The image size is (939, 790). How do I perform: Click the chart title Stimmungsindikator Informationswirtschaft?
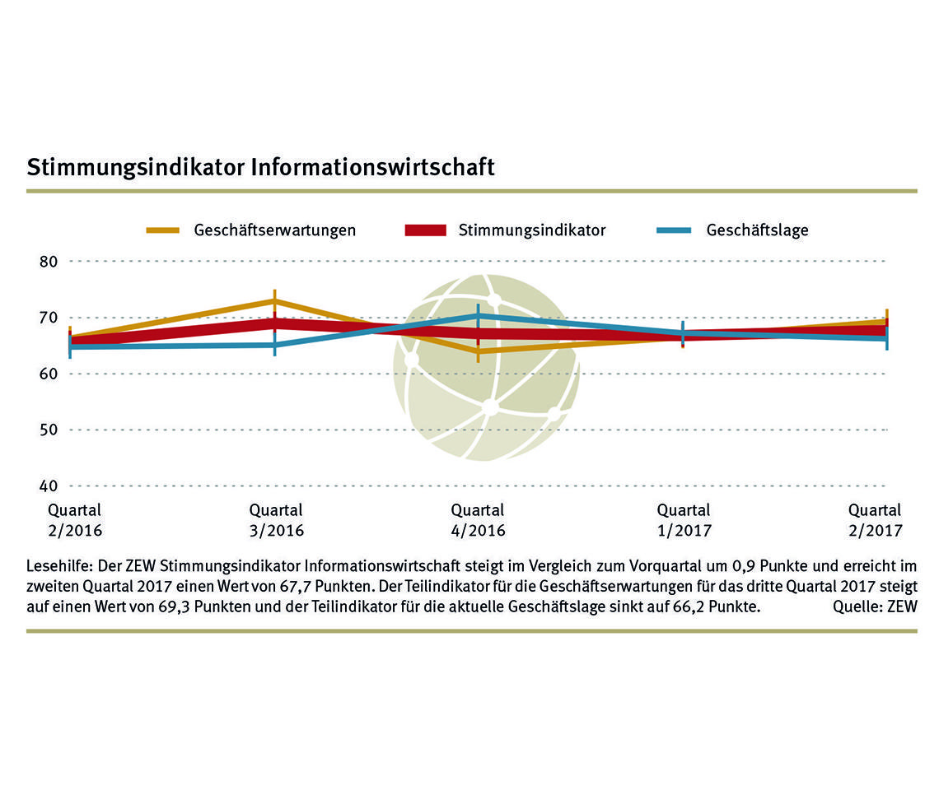tap(260, 167)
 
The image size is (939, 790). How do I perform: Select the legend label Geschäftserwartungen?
tap(275, 230)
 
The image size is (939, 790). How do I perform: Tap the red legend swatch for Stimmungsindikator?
tap(425, 230)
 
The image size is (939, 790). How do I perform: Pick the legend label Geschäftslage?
tap(757, 230)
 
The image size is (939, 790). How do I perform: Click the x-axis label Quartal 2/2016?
tap(75, 520)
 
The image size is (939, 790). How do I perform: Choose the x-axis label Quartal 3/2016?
tap(276, 520)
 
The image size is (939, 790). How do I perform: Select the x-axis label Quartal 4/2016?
tap(478, 520)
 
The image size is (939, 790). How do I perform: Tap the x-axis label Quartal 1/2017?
tap(684, 520)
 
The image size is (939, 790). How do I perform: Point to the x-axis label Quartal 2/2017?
tap(875, 520)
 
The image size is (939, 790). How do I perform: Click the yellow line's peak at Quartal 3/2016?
tap(275, 301)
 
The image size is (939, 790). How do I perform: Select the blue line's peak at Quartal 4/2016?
tap(478, 316)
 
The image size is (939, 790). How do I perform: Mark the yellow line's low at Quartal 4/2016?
tap(478, 351)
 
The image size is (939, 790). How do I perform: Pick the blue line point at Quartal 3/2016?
tap(275, 345)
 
